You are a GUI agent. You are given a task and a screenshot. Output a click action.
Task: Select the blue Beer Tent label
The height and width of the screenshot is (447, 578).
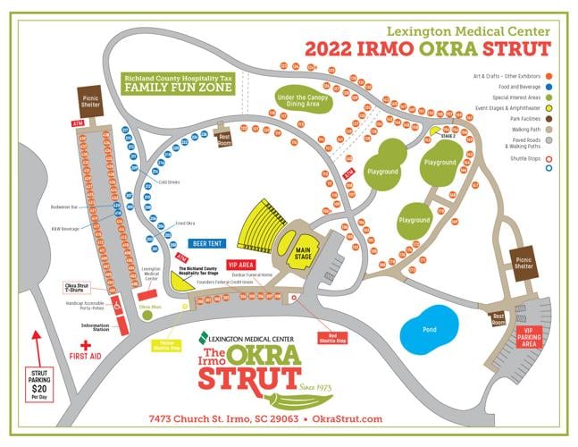206,242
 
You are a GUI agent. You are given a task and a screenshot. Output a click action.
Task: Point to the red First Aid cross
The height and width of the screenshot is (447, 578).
86,345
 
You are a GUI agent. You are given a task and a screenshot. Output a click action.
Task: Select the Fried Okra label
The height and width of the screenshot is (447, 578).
186,222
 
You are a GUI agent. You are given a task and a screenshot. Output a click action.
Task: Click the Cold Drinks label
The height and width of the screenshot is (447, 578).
169,181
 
